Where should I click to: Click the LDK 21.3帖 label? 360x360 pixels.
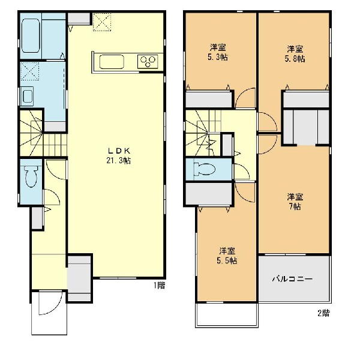click(119, 155)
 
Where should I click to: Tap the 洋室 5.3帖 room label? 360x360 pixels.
click(218, 52)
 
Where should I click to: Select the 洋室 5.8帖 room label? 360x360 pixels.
click(295, 54)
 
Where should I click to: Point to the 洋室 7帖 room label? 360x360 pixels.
click(295, 202)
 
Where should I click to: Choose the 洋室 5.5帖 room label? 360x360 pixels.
click(227, 256)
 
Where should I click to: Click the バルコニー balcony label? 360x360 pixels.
click(292, 279)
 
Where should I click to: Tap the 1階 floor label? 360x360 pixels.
click(159, 286)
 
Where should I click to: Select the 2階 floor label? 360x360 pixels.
click(324, 313)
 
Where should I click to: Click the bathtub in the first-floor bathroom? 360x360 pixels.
click(31, 36)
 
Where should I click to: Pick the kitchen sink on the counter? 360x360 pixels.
click(112, 62)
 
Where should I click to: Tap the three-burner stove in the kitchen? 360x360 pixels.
click(148, 61)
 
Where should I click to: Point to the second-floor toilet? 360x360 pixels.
click(205, 169)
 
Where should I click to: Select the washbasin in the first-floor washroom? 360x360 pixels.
click(28, 96)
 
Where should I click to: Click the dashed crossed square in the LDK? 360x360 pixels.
click(102, 22)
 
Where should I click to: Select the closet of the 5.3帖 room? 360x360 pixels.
click(208, 100)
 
